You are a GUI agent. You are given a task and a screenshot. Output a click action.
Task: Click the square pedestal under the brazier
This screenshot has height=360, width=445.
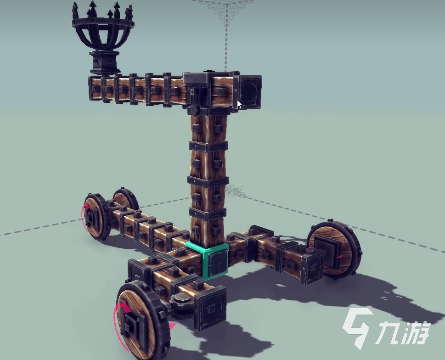tap(104, 62)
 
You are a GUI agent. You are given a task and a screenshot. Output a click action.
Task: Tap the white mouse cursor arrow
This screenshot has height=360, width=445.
tap(240, 104)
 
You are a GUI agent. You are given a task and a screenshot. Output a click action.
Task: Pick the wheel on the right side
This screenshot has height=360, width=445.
tap(334, 249)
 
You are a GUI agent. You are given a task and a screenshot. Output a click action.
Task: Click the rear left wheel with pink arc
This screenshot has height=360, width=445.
tap(96, 216)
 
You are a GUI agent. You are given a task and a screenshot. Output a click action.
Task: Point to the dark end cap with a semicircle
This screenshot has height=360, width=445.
tap(250, 92)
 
